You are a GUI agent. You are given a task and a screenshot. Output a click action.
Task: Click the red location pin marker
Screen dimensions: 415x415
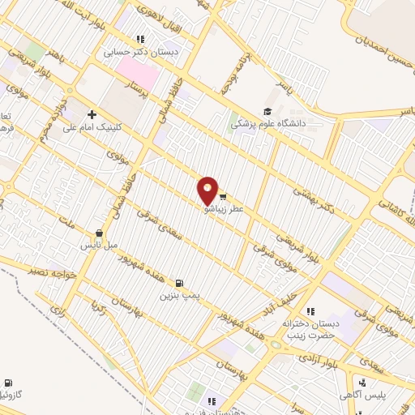[207, 190]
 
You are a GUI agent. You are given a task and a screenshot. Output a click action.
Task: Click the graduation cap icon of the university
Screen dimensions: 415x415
[267, 112]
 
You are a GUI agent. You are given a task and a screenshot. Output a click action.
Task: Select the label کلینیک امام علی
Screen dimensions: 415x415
[105, 126]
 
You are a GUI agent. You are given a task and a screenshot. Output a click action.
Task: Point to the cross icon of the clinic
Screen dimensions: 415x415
[92, 114]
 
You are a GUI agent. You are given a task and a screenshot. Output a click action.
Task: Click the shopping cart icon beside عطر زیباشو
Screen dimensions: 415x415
[221, 195]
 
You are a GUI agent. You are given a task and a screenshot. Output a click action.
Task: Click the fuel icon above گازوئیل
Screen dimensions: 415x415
[8, 381]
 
